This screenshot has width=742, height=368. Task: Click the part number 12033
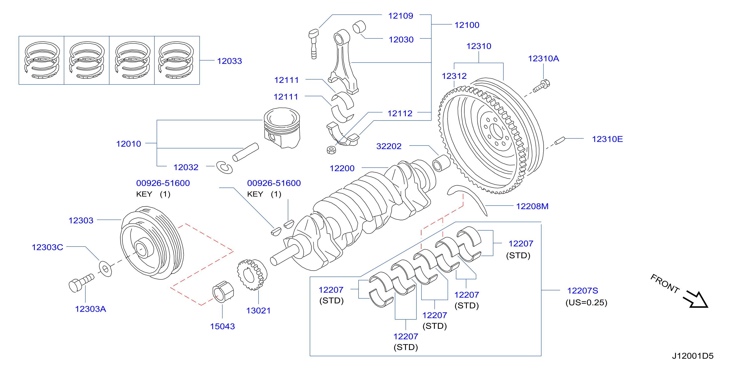coord(229,61)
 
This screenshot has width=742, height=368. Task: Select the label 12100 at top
coord(467,25)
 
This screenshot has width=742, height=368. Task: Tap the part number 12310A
coord(543,59)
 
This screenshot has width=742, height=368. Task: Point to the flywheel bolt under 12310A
coord(541,86)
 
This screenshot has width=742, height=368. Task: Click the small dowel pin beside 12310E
coord(560,141)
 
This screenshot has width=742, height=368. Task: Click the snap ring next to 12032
coord(224,167)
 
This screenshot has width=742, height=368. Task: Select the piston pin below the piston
coord(245,152)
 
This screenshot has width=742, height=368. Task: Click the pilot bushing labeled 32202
coord(441,163)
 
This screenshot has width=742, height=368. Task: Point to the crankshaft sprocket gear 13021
coord(252,275)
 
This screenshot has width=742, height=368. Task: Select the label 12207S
coord(582,291)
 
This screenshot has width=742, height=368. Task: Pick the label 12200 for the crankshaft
coord(342,168)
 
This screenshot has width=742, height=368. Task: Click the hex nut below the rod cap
coord(331,150)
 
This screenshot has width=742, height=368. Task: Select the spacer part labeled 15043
coord(223,292)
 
